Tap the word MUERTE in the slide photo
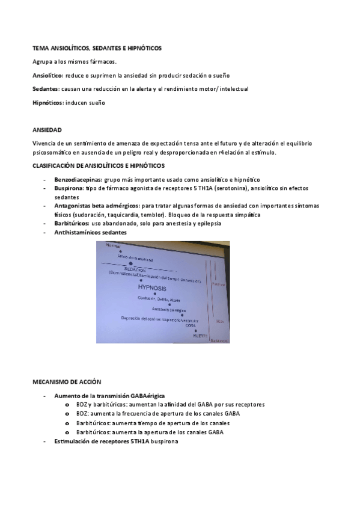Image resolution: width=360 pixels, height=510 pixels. pos(200,336)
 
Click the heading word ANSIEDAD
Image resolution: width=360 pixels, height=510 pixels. pos(47,130)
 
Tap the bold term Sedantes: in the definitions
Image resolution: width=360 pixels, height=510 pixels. pos(45,89)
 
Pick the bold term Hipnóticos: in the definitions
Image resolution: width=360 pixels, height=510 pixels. pos(47,103)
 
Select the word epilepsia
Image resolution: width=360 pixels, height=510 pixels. pos(191,223)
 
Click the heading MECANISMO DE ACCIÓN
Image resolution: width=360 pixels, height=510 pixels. pos(67,382)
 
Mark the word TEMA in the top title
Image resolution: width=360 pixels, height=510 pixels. pos(40,48)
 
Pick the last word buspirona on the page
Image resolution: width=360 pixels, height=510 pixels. pos(162,441)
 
